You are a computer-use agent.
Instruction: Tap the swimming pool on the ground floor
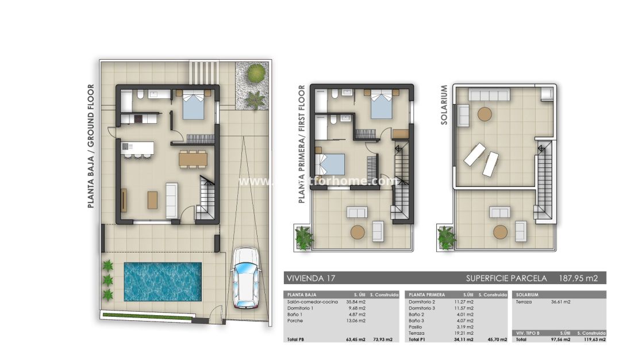point(163,282)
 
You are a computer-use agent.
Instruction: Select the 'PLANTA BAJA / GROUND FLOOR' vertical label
point(91,145)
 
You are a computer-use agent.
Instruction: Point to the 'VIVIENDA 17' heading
point(311,278)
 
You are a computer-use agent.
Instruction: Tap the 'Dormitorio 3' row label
point(422,308)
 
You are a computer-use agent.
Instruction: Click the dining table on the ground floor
point(193,159)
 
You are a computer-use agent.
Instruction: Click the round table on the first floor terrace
point(358,232)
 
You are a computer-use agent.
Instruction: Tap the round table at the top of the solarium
point(485,114)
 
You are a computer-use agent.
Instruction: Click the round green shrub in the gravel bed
point(256,73)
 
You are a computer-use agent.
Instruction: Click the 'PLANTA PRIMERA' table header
point(426,294)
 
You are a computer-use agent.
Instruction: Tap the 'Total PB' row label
point(297,340)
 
